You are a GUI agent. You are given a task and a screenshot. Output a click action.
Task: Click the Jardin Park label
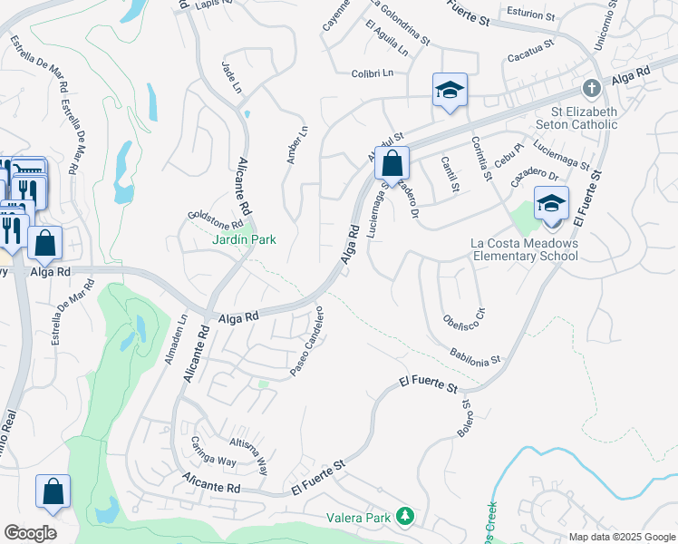pos(244,239)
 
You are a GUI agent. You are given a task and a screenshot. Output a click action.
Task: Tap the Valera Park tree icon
pos(406,518)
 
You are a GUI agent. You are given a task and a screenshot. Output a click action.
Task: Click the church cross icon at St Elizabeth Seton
pos(591,89)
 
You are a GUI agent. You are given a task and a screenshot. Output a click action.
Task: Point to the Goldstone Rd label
pos(216,219)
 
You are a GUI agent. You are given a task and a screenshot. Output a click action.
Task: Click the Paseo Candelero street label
pos(306,348)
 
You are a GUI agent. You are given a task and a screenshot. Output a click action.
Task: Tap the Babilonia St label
pos(475,355)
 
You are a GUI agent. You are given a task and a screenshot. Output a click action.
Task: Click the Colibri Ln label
pos(373,73)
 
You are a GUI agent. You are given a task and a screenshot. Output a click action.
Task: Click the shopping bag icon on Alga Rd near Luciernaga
pos(392,164)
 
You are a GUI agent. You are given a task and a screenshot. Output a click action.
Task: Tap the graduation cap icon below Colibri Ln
pos(450,91)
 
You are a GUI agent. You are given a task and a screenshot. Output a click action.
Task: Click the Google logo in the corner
pos(30,533)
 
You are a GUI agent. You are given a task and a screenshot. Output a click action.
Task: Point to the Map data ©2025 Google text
pos(622,537)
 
